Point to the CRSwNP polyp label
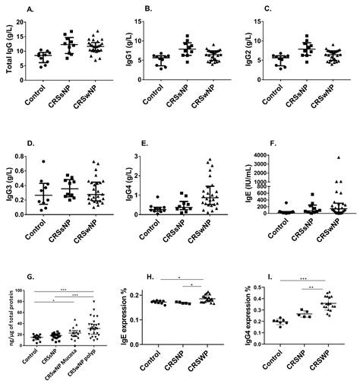tap(92, 368)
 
